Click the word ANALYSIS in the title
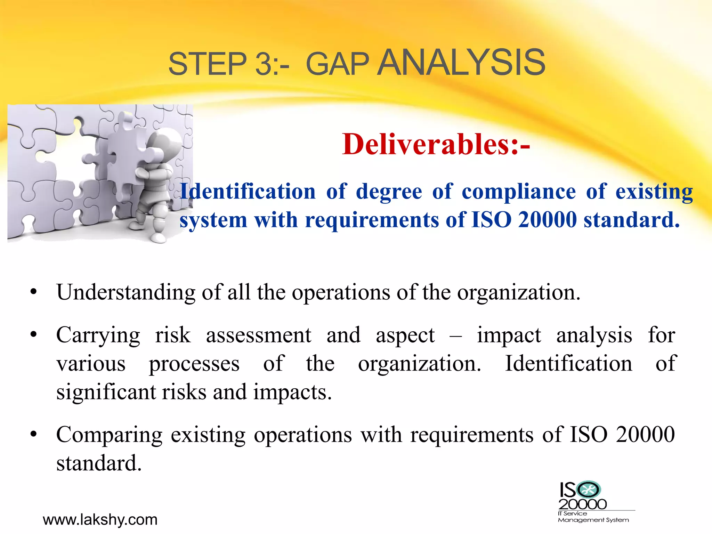(461, 63)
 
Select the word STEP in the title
(207, 64)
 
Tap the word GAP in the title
(337, 64)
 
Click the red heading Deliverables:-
(436, 144)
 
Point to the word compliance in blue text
(518, 192)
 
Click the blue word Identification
(248, 192)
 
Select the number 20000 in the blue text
(547, 220)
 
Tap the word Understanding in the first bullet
(126, 292)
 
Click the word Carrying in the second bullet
(98, 336)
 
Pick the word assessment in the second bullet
(258, 335)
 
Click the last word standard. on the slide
(99, 463)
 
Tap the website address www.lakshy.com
(100, 520)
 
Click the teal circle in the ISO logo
(588, 490)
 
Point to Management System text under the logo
(593, 520)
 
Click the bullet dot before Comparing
(33, 435)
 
